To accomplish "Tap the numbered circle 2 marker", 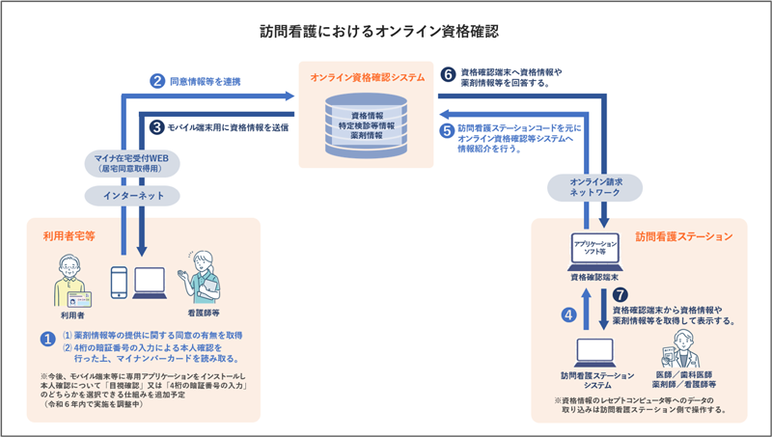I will coord(156,82).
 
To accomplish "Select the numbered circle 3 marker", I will coord(156,125).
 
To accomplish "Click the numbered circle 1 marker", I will coord(44,340).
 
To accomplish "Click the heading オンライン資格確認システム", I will coord(367,76).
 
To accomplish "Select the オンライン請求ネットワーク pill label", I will coord(595,187).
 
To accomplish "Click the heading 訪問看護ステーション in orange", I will coord(681,235).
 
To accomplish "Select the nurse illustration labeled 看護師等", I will coord(202,279).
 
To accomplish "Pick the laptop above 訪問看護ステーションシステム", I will coord(595,349).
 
